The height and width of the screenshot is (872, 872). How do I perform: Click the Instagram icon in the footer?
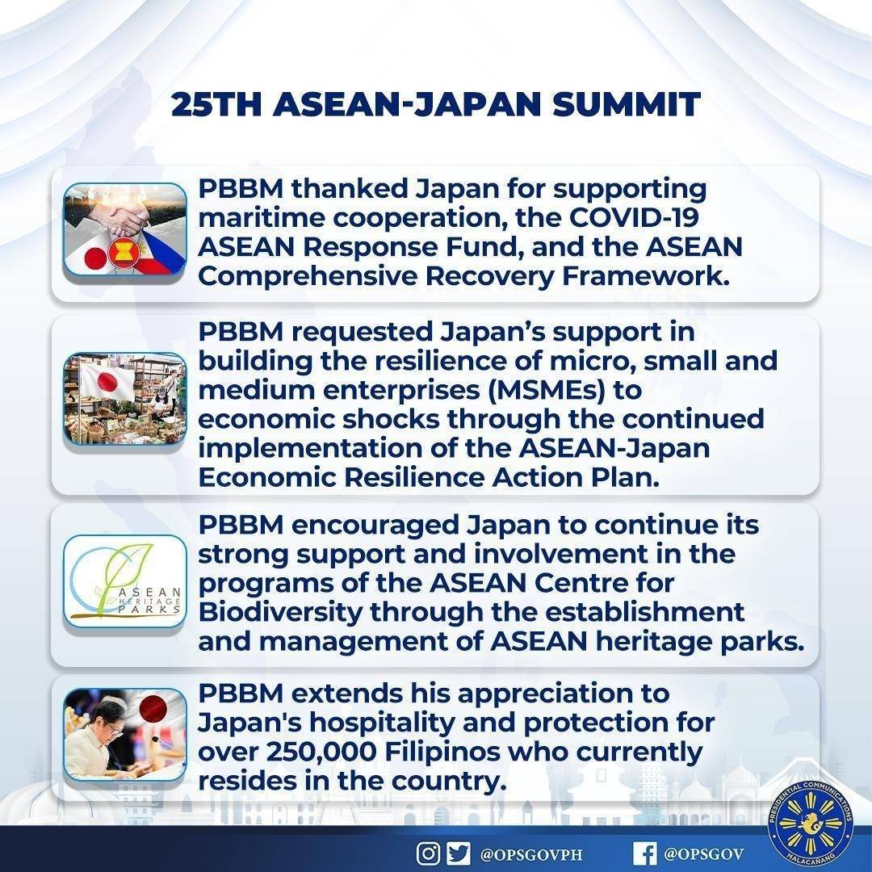click(x=428, y=853)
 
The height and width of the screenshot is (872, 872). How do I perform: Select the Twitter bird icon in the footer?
click(x=458, y=853)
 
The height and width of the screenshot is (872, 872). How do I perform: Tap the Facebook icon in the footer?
click(x=644, y=853)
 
